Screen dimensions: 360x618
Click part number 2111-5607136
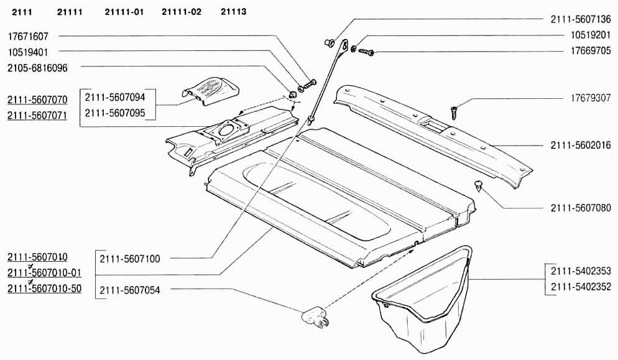click(x=581, y=19)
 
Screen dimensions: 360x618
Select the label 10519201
click(x=591, y=35)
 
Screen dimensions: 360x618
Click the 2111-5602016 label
click(x=581, y=145)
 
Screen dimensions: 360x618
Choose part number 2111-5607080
click(x=581, y=208)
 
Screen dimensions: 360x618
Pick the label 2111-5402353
click(x=581, y=270)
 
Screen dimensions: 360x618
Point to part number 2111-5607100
click(x=129, y=258)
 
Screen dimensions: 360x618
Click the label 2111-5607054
click(x=129, y=289)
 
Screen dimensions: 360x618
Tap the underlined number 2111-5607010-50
click(x=44, y=288)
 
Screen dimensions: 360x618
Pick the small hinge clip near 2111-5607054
click(x=314, y=318)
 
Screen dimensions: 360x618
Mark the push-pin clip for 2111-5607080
click(x=477, y=185)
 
